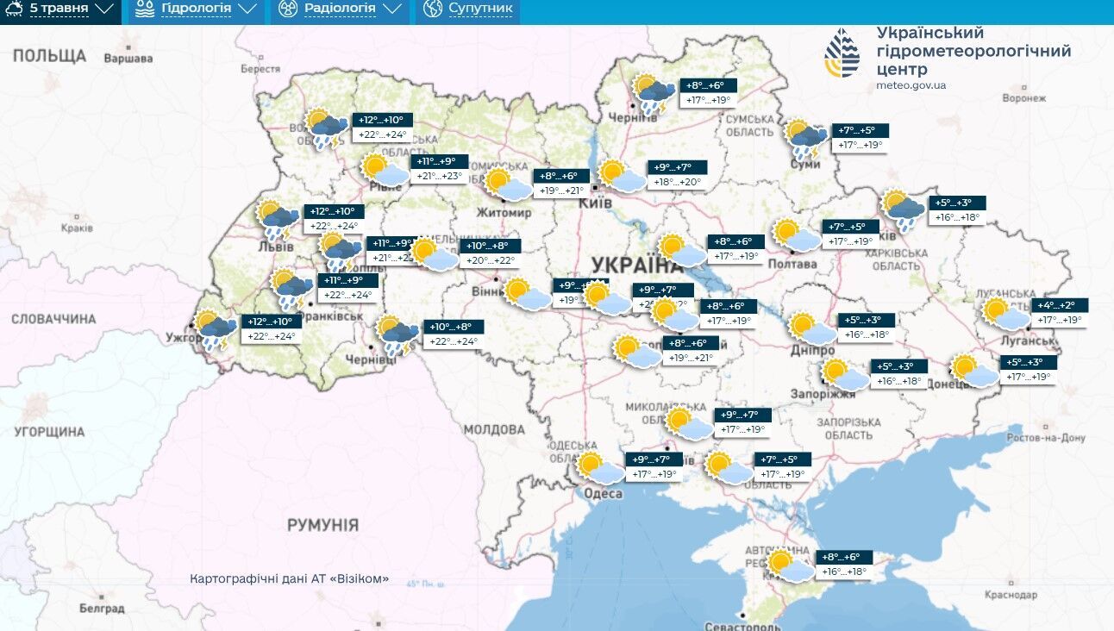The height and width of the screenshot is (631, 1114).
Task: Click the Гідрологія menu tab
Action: click(194, 9)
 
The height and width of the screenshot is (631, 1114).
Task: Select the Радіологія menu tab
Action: click(340, 9)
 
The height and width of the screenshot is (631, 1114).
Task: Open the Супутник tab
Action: click(469, 9)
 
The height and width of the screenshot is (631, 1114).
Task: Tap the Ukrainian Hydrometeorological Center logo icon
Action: click(842, 53)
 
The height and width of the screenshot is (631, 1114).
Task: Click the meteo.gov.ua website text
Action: click(911, 85)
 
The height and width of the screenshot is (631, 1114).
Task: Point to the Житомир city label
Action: click(505, 213)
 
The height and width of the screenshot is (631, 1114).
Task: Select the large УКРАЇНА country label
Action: click(636, 265)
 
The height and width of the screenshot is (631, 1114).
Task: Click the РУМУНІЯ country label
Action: click(322, 524)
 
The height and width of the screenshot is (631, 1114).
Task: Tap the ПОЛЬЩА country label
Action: click(49, 56)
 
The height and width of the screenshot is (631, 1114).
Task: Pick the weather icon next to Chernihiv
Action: click(655, 92)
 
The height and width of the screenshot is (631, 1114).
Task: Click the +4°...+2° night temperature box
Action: click(1061, 305)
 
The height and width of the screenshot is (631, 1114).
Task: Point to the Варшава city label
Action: click(128, 59)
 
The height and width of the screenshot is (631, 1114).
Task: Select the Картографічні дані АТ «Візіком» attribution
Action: click(289, 578)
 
